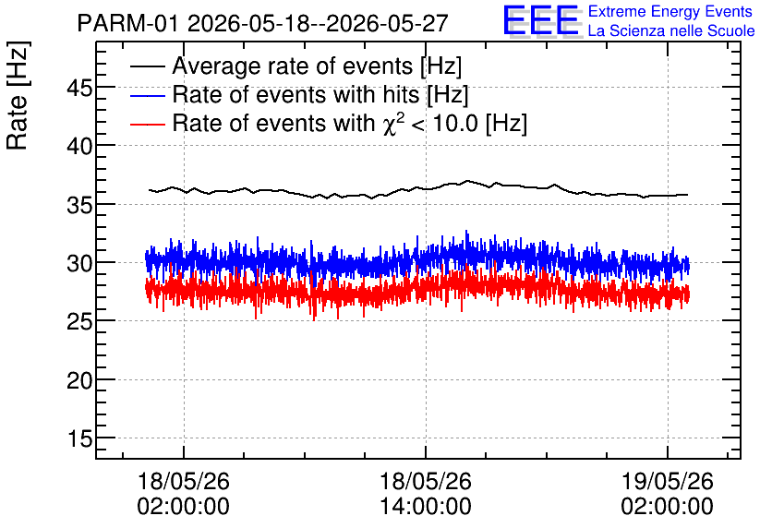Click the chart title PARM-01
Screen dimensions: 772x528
(127, 23)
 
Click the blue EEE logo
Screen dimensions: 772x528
(540, 20)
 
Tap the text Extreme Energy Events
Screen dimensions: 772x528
(670, 11)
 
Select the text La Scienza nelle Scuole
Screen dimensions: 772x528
(671, 31)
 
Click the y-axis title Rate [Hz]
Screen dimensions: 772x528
(18, 95)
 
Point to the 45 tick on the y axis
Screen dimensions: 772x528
(79, 89)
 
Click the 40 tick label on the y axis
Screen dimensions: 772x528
(79, 146)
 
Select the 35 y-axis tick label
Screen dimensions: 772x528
(79, 205)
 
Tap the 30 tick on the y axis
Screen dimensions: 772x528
(79, 263)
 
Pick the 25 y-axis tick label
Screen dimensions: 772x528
(79, 322)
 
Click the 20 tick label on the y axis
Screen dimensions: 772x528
(79, 380)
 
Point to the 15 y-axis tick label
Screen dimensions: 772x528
(79, 438)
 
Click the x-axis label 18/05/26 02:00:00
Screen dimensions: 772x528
(183, 494)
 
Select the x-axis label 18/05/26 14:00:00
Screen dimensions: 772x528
(426, 494)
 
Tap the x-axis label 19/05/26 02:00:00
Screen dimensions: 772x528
(667, 494)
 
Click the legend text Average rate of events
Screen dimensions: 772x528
(293, 66)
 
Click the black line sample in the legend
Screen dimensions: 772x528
(148, 66)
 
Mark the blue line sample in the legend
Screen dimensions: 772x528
(148, 95)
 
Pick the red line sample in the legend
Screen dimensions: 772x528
(148, 124)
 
